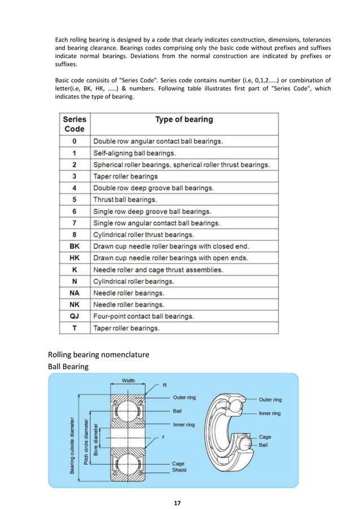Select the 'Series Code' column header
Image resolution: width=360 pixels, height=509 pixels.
point(74,124)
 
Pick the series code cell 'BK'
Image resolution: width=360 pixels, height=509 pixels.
point(74,246)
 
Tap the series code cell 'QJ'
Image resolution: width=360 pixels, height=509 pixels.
point(74,316)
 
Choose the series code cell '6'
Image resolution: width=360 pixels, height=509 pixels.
point(74,211)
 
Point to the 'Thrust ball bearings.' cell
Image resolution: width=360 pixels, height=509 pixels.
point(125,199)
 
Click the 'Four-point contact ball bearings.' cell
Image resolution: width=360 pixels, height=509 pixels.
point(143,316)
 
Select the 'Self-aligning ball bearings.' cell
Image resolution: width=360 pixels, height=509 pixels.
point(134,152)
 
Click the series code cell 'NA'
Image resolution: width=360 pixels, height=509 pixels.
point(74,293)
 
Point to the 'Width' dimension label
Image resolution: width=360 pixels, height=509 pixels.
point(129,381)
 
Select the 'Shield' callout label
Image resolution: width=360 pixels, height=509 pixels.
point(179,469)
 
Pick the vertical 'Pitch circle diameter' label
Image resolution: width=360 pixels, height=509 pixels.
point(86,441)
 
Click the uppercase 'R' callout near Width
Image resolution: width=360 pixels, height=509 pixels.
point(164,385)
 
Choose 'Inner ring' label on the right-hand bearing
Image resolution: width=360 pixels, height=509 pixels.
point(270,413)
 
